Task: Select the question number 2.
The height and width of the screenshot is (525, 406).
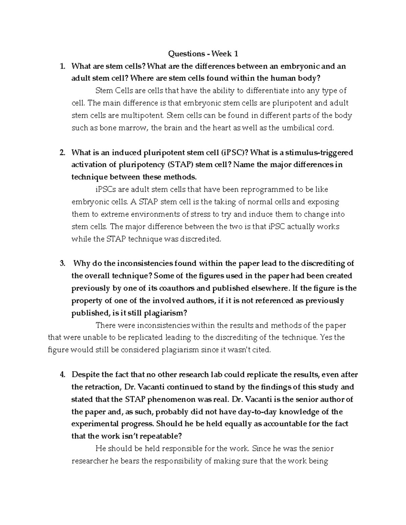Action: pyautogui.click(x=62, y=152)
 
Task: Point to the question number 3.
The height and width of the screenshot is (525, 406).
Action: pyautogui.click(x=62, y=263)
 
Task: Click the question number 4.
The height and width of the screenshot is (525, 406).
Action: pyautogui.click(x=62, y=375)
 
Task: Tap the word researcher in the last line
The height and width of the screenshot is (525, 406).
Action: pyautogui.click(x=90, y=461)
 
